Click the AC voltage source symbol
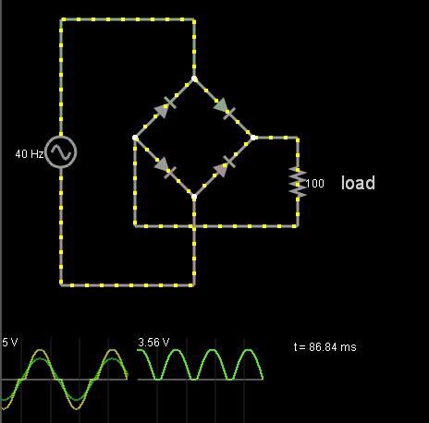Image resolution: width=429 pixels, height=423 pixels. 61,152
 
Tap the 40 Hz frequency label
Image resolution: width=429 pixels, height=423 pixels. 30,154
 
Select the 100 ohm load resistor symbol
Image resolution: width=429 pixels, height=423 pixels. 298,182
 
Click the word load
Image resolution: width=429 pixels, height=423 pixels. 358,183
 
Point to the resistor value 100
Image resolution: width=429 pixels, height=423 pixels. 314,184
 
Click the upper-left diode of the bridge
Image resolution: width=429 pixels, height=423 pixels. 165,106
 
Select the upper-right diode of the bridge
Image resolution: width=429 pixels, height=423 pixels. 224,109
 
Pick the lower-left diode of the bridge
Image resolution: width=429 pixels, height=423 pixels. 165,167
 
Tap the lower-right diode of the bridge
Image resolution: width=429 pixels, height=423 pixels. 224,166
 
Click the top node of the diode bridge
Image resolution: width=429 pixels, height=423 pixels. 194,79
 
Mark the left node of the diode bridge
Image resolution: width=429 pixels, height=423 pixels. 135,138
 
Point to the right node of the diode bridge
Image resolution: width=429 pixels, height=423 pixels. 253,138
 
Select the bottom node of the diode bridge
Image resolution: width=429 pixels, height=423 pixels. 194,197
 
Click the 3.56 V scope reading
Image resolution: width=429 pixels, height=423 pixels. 153,343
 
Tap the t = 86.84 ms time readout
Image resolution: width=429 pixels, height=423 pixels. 325,347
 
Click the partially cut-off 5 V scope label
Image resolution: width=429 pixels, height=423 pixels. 10,343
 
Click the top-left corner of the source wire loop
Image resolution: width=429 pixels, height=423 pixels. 61,19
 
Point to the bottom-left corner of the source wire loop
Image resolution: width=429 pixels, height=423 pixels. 61,285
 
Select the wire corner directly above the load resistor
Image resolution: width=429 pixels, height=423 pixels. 298,138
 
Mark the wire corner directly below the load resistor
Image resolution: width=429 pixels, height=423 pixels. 298,226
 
